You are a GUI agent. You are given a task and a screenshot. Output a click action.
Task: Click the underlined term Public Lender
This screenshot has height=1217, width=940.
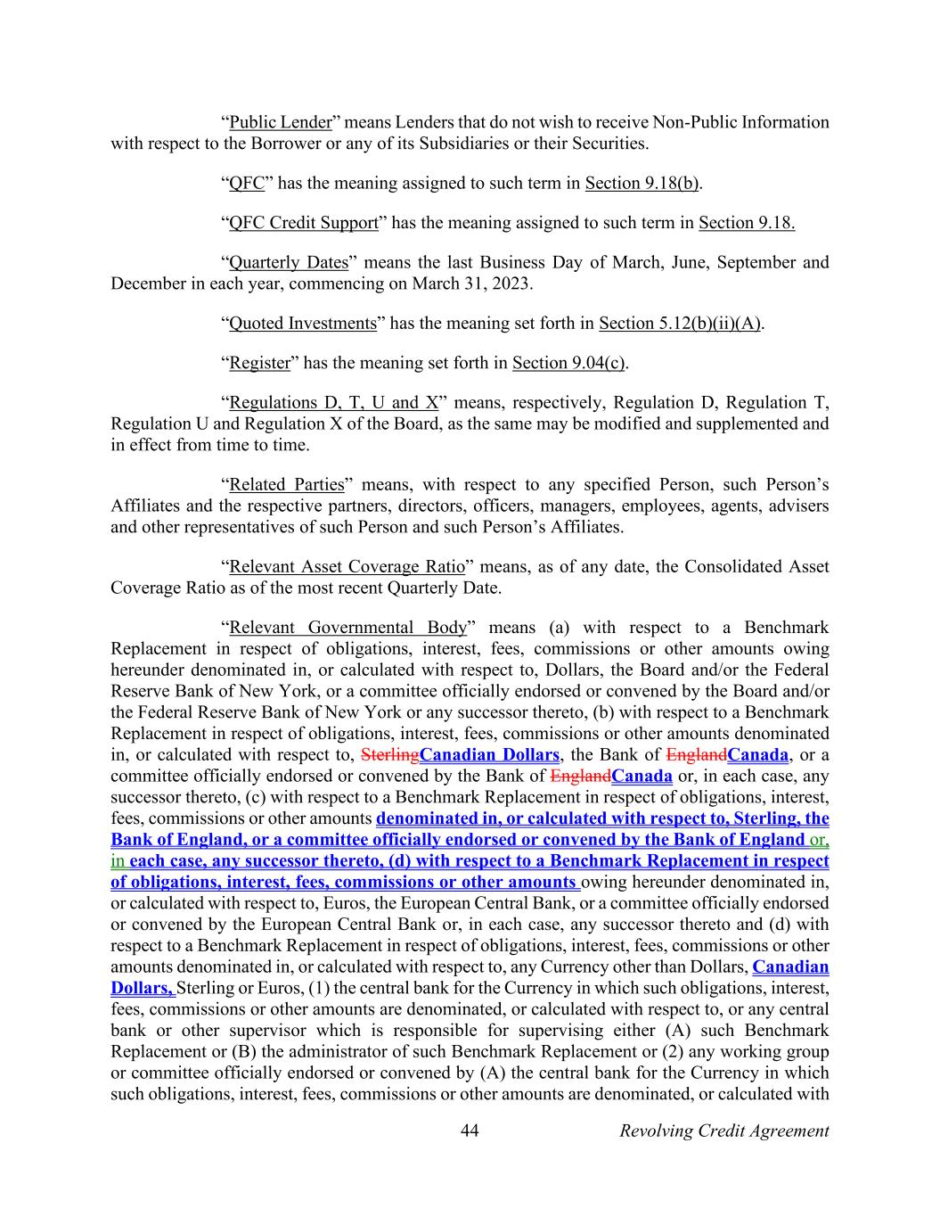tap(280, 122)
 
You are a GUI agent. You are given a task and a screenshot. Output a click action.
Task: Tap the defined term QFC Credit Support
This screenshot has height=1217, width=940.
tap(303, 223)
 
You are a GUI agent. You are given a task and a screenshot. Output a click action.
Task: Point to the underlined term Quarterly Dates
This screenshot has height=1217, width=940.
tap(288, 263)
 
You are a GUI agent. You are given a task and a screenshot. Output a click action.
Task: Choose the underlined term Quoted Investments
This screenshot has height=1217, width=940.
tap(303, 324)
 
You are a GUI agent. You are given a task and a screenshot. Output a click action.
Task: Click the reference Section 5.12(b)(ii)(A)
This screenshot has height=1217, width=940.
tap(680, 324)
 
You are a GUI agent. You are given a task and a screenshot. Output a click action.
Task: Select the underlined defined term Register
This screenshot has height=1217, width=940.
tap(259, 363)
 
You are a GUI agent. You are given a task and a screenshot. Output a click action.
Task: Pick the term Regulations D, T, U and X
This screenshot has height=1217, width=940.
tap(333, 403)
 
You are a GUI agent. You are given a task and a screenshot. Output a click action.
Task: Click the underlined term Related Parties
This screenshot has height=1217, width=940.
tap(286, 485)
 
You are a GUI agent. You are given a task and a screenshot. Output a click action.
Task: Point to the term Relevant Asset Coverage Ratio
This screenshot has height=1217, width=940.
tap(347, 567)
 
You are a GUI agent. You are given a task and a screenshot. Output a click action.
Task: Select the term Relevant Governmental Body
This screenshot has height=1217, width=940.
tap(347, 628)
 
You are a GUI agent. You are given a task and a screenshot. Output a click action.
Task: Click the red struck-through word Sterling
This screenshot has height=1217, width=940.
tap(390, 755)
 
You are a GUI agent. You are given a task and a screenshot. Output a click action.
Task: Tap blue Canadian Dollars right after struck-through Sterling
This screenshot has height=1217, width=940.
tap(489, 755)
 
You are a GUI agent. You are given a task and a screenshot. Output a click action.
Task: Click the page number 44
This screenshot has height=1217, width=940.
tap(470, 1131)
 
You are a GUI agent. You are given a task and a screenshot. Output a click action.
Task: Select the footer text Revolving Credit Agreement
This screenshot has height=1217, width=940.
tap(723, 1131)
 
